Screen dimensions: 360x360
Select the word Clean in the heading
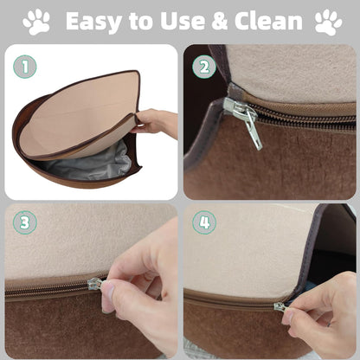pyautogui.click(x=268, y=21)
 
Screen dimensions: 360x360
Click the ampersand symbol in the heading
pyautogui.click(x=220, y=22)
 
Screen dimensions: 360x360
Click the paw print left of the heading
pyautogui.click(x=36, y=22)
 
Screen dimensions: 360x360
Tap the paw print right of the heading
pyautogui.click(x=329, y=22)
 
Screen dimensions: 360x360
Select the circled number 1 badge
pyautogui.click(x=25, y=67)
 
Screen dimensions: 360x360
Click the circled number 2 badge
pyautogui.click(x=204, y=67)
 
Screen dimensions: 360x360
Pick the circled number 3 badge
pyautogui.click(x=25, y=222)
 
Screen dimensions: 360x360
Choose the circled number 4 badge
pyautogui.click(x=204, y=222)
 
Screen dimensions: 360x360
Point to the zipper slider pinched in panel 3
pyautogui.click(x=96, y=284)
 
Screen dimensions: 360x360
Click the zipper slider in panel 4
pyautogui.click(x=280, y=306)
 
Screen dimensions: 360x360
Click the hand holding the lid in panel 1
pyautogui.click(x=156, y=122)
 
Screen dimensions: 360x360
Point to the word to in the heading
pyautogui.click(x=141, y=22)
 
